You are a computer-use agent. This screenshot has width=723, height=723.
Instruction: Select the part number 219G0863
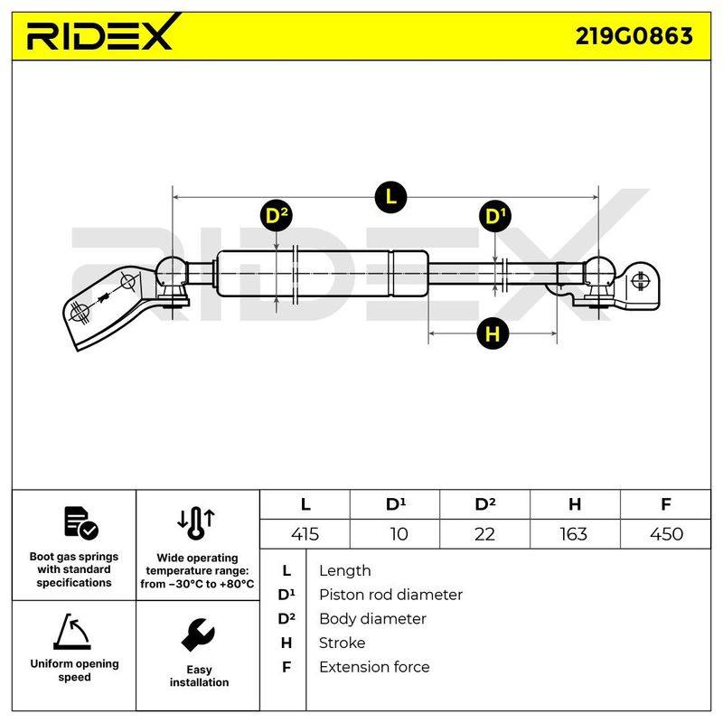point(634,36)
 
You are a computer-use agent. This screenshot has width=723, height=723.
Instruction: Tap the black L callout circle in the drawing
point(390,197)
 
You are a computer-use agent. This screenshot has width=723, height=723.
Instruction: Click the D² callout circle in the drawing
point(277,216)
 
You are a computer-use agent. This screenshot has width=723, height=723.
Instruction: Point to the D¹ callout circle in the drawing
point(495,216)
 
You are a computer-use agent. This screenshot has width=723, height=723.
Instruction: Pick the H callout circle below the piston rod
point(493,333)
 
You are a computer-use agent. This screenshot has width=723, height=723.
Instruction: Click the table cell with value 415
point(305,534)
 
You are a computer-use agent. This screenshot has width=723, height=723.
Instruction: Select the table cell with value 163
point(574,534)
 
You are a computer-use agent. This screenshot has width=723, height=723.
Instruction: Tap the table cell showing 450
point(666,534)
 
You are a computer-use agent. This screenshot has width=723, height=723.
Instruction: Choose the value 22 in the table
point(484,534)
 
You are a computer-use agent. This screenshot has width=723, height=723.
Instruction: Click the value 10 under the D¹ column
point(399,534)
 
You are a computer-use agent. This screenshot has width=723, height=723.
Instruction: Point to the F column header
point(666,504)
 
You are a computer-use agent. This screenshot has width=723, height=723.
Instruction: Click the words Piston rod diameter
point(390,595)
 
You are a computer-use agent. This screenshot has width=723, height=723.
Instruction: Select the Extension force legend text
point(374,667)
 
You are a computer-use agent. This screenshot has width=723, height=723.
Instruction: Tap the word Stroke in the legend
point(343,643)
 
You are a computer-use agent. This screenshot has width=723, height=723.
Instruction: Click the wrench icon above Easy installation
point(198,634)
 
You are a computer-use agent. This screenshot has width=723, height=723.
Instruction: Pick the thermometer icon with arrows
point(196,523)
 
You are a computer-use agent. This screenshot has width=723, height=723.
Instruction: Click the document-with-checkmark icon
point(80,523)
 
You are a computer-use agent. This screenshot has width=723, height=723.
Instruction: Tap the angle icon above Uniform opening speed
point(72,631)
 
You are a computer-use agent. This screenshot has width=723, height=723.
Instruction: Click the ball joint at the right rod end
point(599,272)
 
